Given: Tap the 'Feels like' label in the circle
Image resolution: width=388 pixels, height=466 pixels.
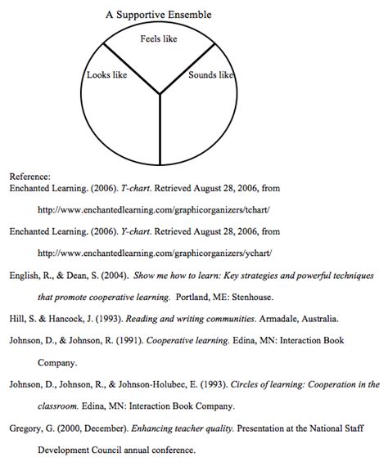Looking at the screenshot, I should (160, 38).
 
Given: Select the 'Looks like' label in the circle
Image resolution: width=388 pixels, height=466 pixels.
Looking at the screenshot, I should (106, 75).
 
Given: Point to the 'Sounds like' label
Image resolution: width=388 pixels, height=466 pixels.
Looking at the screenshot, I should (211, 75).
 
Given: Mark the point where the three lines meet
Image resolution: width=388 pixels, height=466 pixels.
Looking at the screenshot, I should (160, 94).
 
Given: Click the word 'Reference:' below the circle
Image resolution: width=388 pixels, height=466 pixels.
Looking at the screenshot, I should (29, 176).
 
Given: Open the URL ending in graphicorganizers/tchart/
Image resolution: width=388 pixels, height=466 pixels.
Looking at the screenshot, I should (153, 209).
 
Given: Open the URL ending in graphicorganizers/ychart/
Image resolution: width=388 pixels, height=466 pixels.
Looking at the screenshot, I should (153, 253).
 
